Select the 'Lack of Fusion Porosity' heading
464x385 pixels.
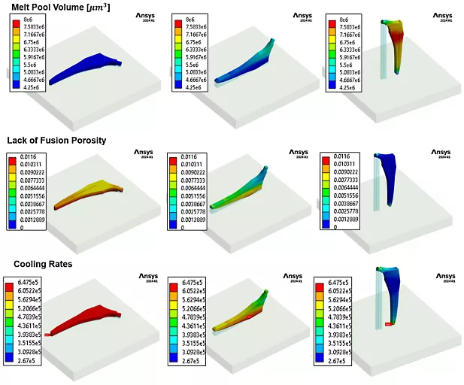(56, 140)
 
